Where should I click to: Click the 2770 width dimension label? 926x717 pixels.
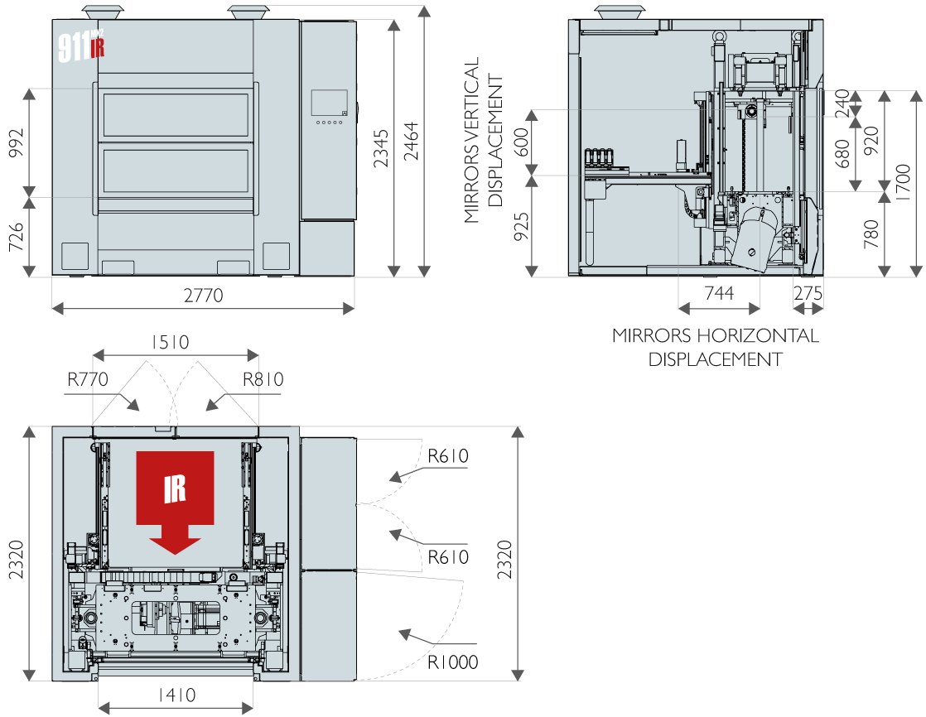(203, 295)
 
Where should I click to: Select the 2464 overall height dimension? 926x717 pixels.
(411, 142)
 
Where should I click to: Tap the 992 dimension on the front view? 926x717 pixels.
(17, 142)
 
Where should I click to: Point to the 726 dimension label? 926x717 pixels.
(17, 237)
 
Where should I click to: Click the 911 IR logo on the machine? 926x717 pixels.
(81, 46)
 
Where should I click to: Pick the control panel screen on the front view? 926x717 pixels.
(329, 103)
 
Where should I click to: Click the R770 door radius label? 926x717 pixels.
(88, 379)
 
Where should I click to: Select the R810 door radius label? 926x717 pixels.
(263, 379)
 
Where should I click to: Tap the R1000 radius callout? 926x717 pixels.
(453, 662)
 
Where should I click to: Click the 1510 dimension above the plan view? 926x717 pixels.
(171, 342)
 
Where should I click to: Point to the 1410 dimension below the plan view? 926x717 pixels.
(176, 695)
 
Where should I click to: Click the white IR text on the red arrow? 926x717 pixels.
(175, 489)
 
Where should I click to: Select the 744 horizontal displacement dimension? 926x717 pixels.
(719, 293)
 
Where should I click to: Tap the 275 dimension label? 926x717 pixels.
(808, 293)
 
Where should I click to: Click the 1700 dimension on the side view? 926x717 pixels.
(904, 183)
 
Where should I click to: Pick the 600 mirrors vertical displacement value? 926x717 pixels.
(522, 142)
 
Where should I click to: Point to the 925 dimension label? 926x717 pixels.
(522, 227)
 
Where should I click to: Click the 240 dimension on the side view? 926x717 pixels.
(842, 103)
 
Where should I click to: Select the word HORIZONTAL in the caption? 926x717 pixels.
(758, 336)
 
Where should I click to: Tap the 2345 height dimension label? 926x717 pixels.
(382, 148)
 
